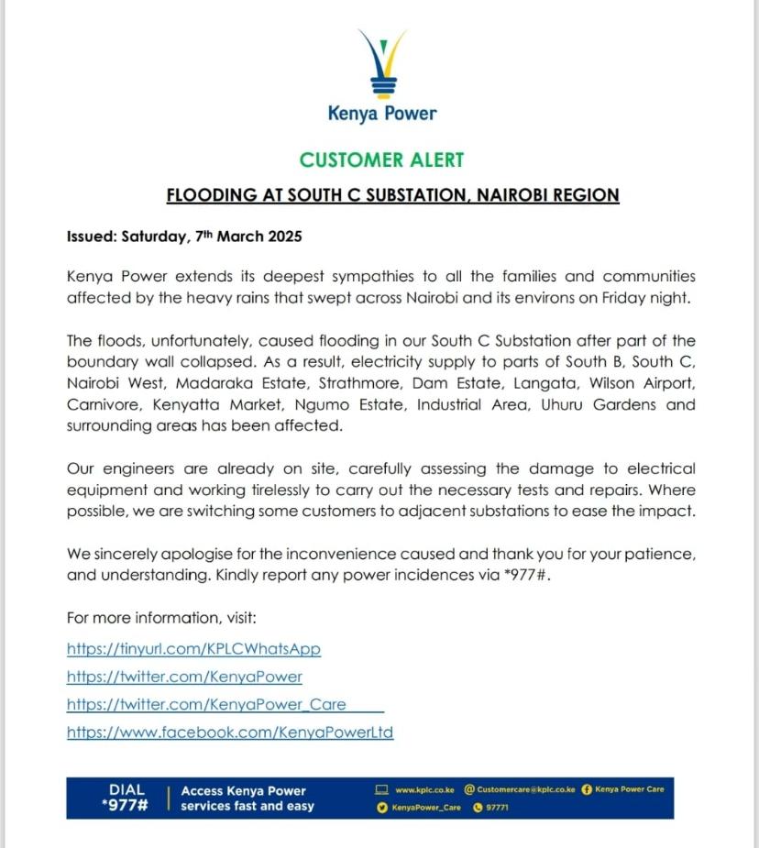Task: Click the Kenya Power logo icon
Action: click(x=382, y=64)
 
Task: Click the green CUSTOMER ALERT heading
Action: click(x=382, y=160)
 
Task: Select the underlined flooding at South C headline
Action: click(x=392, y=195)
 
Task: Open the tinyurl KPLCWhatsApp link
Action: click(x=193, y=649)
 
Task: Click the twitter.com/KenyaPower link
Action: click(x=184, y=677)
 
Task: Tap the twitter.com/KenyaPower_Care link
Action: click(x=206, y=704)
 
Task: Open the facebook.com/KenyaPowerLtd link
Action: click(x=230, y=732)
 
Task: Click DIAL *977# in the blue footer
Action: click(x=126, y=798)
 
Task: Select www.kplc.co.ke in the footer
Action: click(x=424, y=789)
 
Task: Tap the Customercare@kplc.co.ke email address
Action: click(x=525, y=789)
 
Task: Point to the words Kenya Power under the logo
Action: click(x=382, y=114)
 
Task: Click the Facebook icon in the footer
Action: click(x=587, y=789)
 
